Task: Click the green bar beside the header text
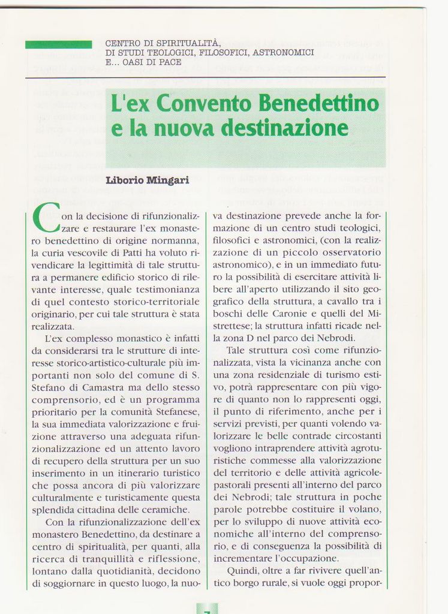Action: pyautogui.click(x=58, y=44)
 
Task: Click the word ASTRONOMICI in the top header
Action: pyautogui.click(x=283, y=53)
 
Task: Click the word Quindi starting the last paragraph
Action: pyautogui.click(x=241, y=570)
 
